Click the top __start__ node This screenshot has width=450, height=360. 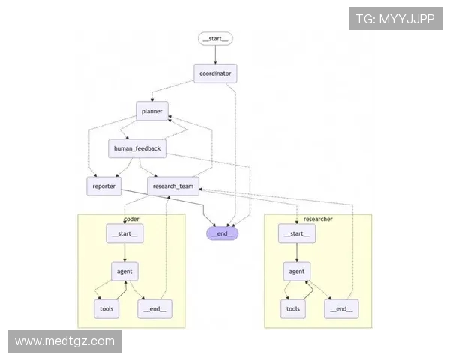[215, 38]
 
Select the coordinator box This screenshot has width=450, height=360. [216, 73]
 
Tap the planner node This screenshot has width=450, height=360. [152, 111]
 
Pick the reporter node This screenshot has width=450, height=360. [104, 185]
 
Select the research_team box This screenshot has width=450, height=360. [172, 185]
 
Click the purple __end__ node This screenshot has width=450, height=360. [223, 233]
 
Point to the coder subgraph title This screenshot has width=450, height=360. [132, 219]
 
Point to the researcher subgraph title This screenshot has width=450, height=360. [318, 219]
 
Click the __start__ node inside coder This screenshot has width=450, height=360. [124, 233]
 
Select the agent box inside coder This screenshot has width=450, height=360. [124, 271]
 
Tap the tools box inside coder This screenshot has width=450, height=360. [106, 307]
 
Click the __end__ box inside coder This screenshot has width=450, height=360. [153, 307]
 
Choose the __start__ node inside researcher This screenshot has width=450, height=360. [296, 234]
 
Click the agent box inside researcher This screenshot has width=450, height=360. [297, 271]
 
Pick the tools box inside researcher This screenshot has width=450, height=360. [293, 308]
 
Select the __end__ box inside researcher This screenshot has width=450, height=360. [340, 308]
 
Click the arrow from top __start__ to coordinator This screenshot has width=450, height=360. [216, 55]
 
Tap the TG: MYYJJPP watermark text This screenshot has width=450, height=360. [395, 19]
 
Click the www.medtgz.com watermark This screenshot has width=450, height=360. [64, 341]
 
